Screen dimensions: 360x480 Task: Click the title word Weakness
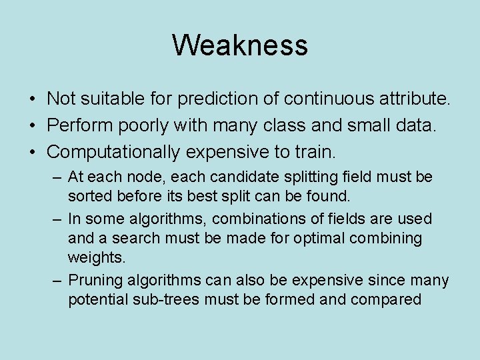(x=240, y=45)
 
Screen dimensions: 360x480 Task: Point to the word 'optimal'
(x=304, y=238)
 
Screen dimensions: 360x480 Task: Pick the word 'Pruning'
(x=93, y=281)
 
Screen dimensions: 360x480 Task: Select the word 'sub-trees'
(x=167, y=300)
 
